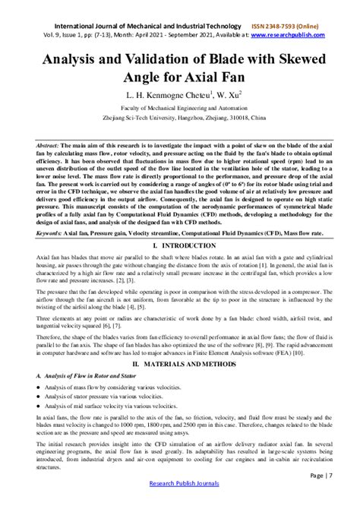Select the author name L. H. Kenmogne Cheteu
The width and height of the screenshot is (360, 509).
point(153,96)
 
